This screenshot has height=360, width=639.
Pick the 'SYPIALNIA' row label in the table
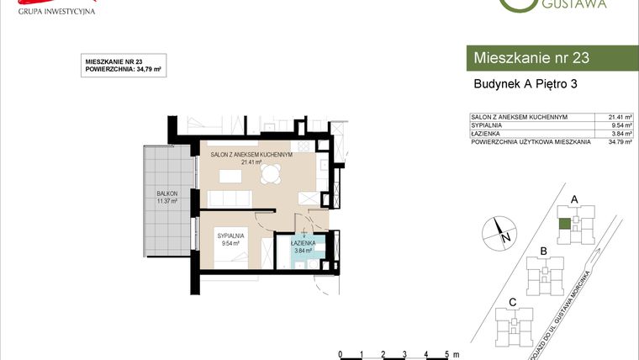click(x=487, y=125)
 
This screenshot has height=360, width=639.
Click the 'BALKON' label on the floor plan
click(x=166, y=193)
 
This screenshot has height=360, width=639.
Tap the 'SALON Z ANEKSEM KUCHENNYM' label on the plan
click(x=251, y=155)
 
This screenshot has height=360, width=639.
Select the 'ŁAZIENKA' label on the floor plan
click(x=303, y=242)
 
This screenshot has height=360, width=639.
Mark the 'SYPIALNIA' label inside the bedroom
click(x=230, y=236)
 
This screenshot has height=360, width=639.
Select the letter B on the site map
click(x=544, y=251)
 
